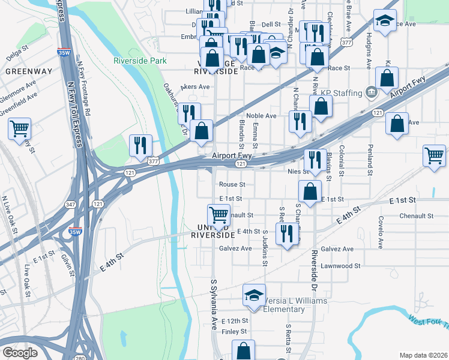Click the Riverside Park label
(x=140, y=61)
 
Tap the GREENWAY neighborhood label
(x=29, y=71)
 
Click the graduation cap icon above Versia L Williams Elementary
(x=254, y=295)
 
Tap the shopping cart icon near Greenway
(x=20, y=128)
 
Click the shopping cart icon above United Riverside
(x=218, y=215)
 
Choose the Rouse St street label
(x=232, y=184)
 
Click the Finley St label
(x=234, y=331)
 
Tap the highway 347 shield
(x=71, y=205)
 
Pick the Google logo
(x=20, y=353)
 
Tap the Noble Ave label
(x=261, y=116)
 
